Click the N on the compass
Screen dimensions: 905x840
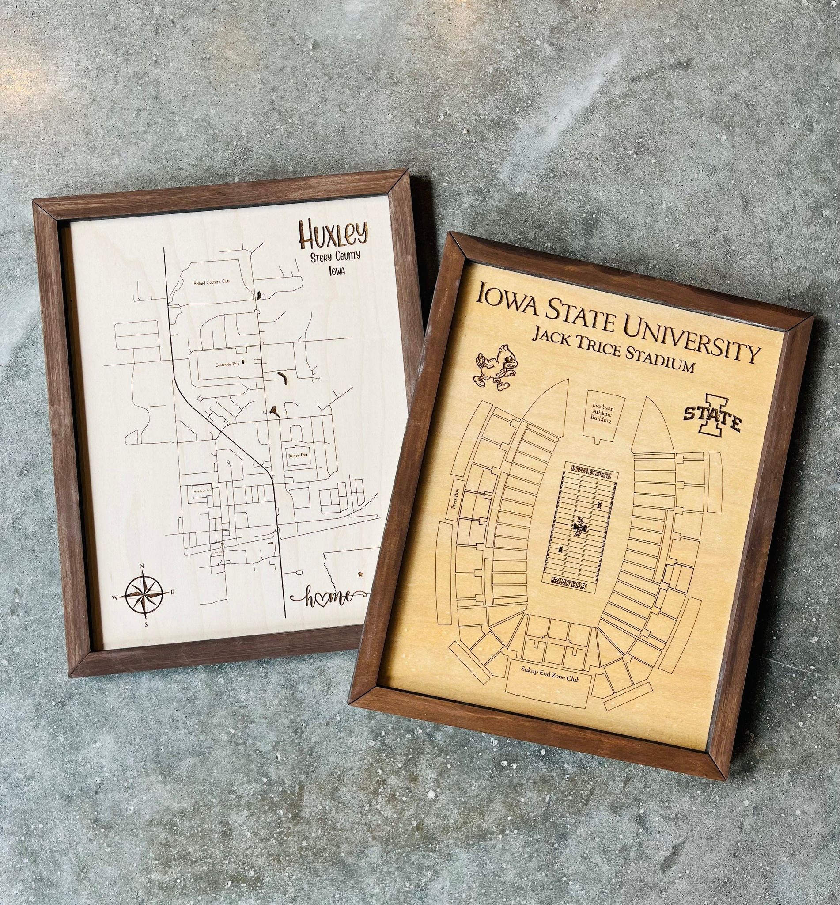141,567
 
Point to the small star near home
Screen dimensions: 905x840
360,575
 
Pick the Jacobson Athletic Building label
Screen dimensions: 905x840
602,412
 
